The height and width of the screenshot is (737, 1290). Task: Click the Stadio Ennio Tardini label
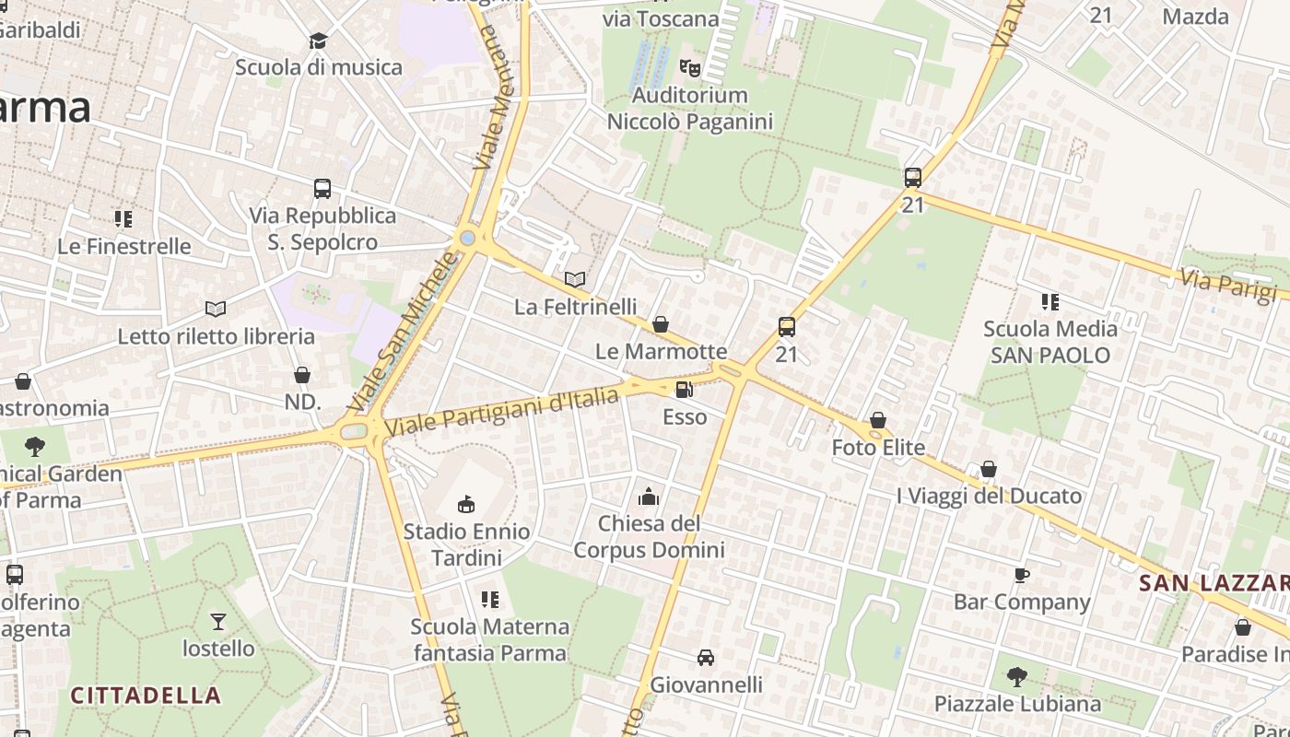[467, 544]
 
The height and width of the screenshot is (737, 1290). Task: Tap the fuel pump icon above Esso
[685, 390]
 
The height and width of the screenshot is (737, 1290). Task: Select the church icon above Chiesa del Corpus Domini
[649, 497]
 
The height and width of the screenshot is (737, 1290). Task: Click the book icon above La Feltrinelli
[575, 278]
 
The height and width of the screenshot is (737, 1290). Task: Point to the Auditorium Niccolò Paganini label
[690, 108]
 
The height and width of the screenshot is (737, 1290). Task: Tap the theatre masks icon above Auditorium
[689, 66]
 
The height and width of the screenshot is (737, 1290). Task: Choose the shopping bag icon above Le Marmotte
[661, 324]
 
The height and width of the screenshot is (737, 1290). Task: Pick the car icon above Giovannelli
[706, 658]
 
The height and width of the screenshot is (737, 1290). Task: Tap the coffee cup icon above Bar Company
[1021, 575]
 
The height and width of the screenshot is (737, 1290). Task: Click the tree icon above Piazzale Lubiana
[1017, 677]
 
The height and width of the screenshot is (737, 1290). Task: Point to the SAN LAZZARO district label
[1214, 583]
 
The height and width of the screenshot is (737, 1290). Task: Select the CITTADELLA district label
[146, 695]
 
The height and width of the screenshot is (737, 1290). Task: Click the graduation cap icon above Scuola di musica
[319, 41]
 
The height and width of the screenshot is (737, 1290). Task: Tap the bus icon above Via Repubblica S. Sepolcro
[322, 189]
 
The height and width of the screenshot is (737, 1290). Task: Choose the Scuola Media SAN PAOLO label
[1050, 342]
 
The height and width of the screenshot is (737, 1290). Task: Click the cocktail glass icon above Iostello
[218, 621]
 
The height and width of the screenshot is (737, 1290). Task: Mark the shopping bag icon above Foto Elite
[878, 421]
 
